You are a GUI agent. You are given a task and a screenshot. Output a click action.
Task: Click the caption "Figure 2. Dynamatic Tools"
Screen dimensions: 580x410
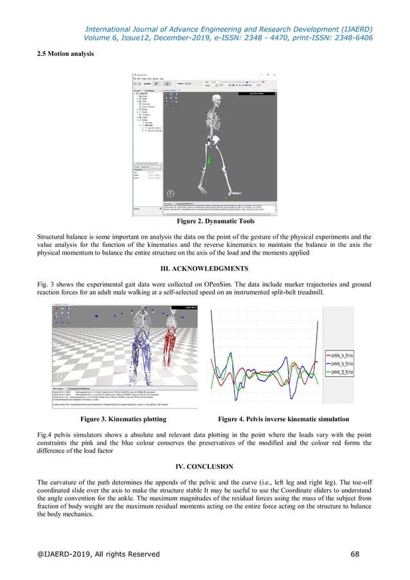[x=205, y=222]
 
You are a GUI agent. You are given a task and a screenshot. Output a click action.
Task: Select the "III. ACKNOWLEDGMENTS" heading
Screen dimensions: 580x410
[x=205, y=267]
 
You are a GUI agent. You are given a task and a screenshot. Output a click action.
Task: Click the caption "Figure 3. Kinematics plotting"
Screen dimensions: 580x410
[x=122, y=419]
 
